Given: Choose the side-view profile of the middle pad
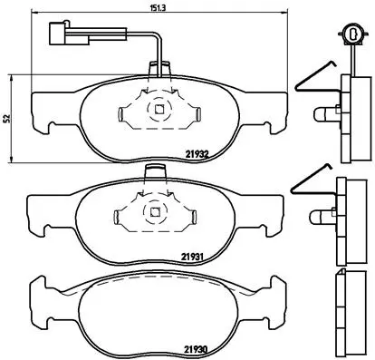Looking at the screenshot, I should [x=348, y=218].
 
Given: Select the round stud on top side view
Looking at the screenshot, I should [x=323, y=116].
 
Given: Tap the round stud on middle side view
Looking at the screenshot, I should [x=323, y=218].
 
